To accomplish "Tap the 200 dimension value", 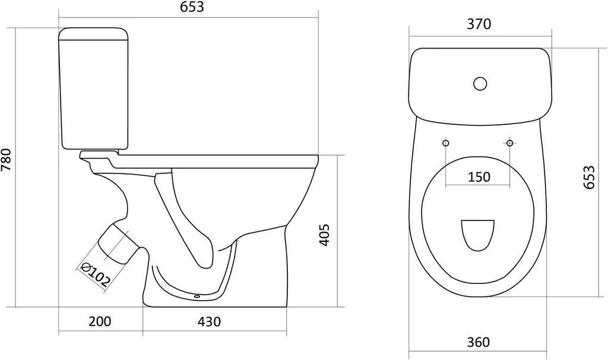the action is pos(100,321).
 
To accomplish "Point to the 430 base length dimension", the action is pos(210,321).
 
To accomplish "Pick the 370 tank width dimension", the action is pos(479,24).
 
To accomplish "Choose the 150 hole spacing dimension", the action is pos(479,177).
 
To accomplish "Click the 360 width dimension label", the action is pos(478,342).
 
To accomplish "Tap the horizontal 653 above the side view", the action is pos(192,7).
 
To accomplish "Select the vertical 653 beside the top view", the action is pos(588,177).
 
